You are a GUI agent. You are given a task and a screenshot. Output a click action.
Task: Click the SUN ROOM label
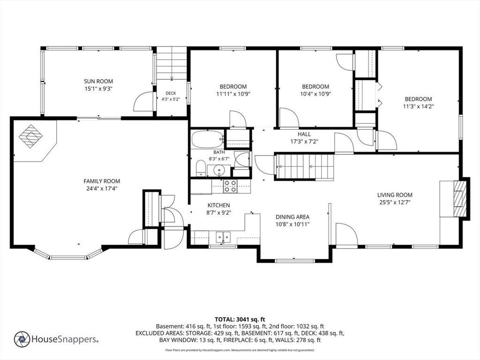98,82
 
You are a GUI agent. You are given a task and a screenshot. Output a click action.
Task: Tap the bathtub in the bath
207,140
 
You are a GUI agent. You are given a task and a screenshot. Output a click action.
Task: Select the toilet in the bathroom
201,168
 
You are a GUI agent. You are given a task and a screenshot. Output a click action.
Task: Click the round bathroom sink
219,170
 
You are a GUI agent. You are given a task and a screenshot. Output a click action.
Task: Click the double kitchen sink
223,237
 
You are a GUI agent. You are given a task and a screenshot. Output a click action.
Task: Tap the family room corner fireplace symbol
30,136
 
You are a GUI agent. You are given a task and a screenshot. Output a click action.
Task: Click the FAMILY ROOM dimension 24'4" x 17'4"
102,188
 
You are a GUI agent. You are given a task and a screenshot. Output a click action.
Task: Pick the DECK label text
171,93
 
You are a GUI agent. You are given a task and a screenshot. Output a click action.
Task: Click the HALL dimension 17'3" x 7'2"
304,142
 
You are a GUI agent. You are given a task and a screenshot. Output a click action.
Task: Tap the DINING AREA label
292,217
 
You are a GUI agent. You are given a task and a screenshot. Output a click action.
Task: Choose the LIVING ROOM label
395,195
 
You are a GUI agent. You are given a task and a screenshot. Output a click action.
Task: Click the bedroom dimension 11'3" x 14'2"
419,106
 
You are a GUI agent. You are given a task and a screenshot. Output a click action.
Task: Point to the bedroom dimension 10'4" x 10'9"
315,94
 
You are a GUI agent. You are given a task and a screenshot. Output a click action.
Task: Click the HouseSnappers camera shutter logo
22,339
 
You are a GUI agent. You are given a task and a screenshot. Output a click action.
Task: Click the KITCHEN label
218,205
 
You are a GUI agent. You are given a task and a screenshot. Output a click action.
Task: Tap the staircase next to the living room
305,167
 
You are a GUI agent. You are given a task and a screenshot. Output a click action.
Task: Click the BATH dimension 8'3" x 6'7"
219,159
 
